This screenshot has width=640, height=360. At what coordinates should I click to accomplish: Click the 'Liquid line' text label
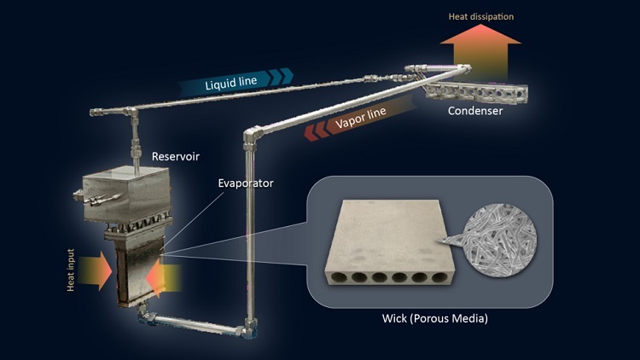tap(226, 84)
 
